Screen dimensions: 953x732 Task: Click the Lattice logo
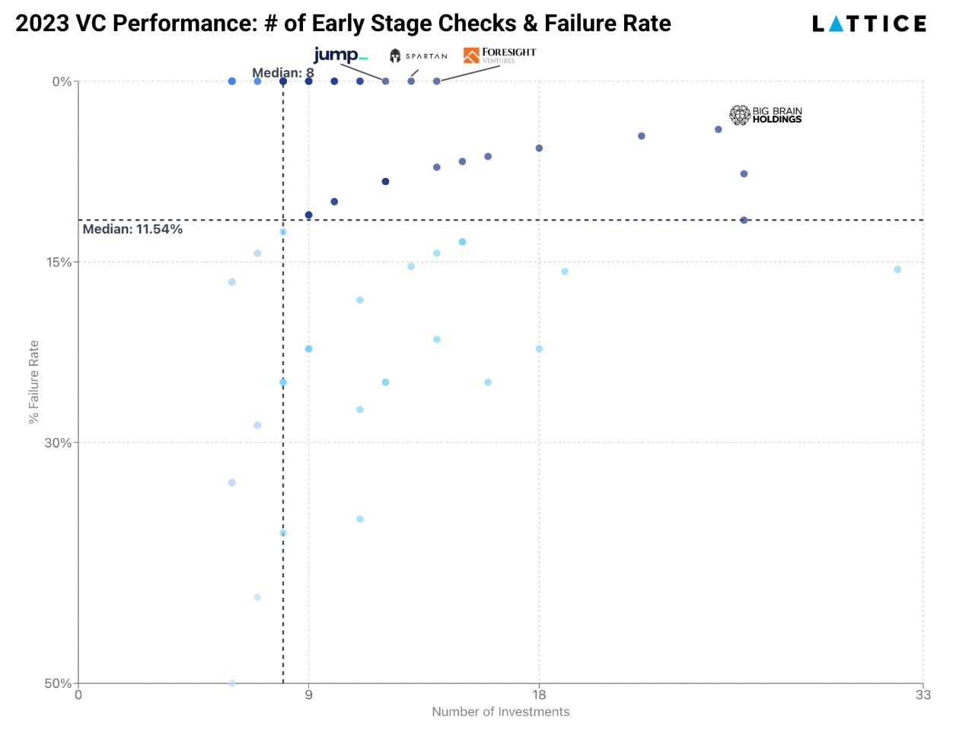pyautogui.click(x=869, y=24)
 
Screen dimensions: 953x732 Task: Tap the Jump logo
pyautogui.click(x=341, y=55)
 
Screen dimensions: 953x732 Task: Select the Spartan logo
pyautogui.click(x=419, y=56)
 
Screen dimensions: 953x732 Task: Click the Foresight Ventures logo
pyautogui.click(x=499, y=56)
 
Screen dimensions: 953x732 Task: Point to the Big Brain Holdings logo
pyautogui.click(x=765, y=115)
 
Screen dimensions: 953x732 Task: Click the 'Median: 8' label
pyautogui.click(x=283, y=72)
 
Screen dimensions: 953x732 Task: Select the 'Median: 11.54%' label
pyautogui.click(x=132, y=229)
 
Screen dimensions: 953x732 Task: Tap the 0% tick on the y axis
pyautogui.click(x=62, y=81)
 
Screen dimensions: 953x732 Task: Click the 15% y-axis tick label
pyautogui.click(x=59, y=262)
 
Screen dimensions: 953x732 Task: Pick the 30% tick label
pyautogui.click(x=58, y=443)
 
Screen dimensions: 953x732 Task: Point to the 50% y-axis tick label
pyautogui.click(x=58, y=683)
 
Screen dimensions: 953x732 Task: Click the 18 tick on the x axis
pyautogui.click(x=539, y=695)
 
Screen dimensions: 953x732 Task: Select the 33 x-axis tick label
pyautogui.click(x=923, y=695)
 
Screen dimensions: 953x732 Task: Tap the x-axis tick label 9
pyautogui.click(x=309, y=695)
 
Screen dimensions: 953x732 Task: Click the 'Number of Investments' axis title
pyautogui.click(x=500, y=711)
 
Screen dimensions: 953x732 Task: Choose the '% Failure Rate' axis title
pyautogui.click(x=33, y=382)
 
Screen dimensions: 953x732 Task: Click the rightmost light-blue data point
pyautogui.click(x=897, y=269)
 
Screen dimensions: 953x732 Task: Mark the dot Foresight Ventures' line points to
pyautogui.click(x=437, y=81)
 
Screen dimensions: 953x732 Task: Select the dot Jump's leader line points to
pyautogui.click(x=385, y=81)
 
